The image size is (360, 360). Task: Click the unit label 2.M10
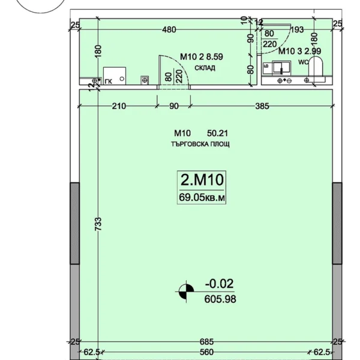click(x=202, y=180)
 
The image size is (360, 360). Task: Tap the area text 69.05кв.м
click(x=202, y=197)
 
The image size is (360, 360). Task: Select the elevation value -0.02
click(x=219, y=284)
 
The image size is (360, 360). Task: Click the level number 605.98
click(x=220, y=299)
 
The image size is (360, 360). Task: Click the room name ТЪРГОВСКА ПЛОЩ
click(x=200, y=144)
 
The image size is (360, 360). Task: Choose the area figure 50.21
click(x=217, y=133)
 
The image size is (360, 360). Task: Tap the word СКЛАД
click(x=205, y=68)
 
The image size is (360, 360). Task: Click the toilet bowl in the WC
click(x=316, y=67)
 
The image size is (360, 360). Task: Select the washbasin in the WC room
click(x=281, y=67)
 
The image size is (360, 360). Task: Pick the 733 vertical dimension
click(x=98, y=224)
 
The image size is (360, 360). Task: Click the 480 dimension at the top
click(x=169, y=29)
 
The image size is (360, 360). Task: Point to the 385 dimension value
click(x=262, y=106)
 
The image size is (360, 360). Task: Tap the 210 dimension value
click(x=119, y=106)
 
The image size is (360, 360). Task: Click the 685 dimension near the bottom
click(x=206, y=341)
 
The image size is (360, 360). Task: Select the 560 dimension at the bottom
click(x=206, y=352)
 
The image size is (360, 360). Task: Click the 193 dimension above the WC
click(x=297, y=29)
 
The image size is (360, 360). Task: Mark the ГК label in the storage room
click(x=109, y=82)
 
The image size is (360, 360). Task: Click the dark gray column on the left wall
click(x=74, y=223)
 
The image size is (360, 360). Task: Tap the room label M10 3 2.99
click(x=299, y=51)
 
